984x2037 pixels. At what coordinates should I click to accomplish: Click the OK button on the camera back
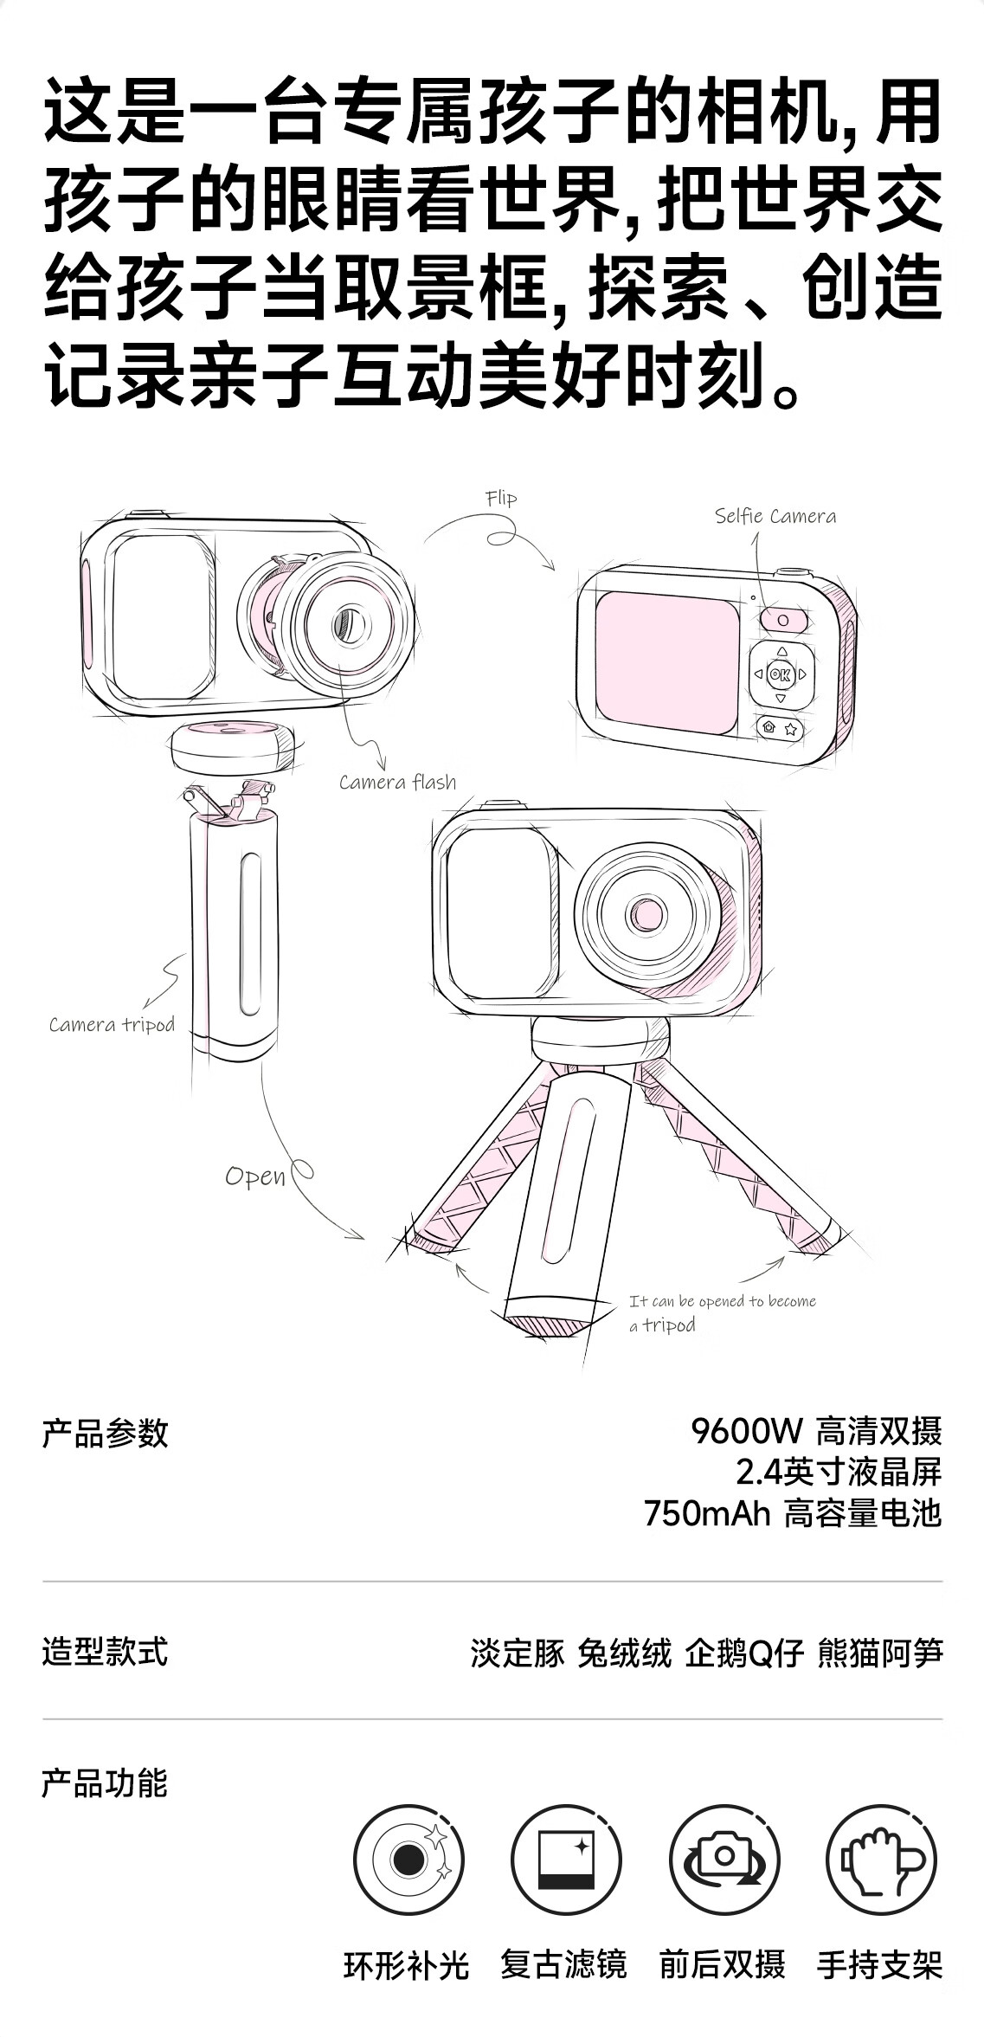tap(780, 674)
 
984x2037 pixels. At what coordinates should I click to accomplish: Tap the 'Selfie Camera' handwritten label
tap(775, 516)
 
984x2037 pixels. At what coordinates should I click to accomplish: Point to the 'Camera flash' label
tap(397, 782)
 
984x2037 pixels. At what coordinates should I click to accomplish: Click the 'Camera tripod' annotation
tap(112, 1025)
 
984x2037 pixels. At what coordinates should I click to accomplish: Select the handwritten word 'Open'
tap(255, 1176)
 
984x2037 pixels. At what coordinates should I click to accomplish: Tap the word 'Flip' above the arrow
tap(501, 498)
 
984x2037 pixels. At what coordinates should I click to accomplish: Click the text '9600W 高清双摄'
tap(816, 1431)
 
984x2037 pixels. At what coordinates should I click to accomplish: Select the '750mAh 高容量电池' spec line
tap(793, 1512)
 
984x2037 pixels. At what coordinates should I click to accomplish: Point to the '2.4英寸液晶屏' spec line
tap(839, 1472)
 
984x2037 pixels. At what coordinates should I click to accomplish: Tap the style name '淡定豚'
tap(518, 1653)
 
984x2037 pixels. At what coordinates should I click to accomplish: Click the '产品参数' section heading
tap(105, 1434)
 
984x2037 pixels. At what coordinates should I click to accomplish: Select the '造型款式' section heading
tap(105, 1652)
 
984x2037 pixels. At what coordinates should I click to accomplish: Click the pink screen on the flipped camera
tap(666, 662)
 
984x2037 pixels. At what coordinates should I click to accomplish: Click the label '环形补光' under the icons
tap(406, 1966)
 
